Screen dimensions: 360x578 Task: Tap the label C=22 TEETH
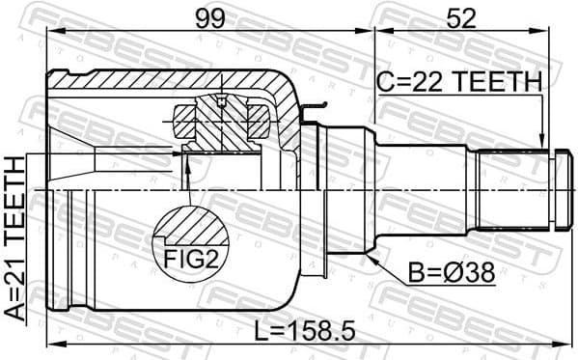click(x=459, y=84)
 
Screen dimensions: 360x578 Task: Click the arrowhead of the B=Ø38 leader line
click(x=369, y=257)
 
